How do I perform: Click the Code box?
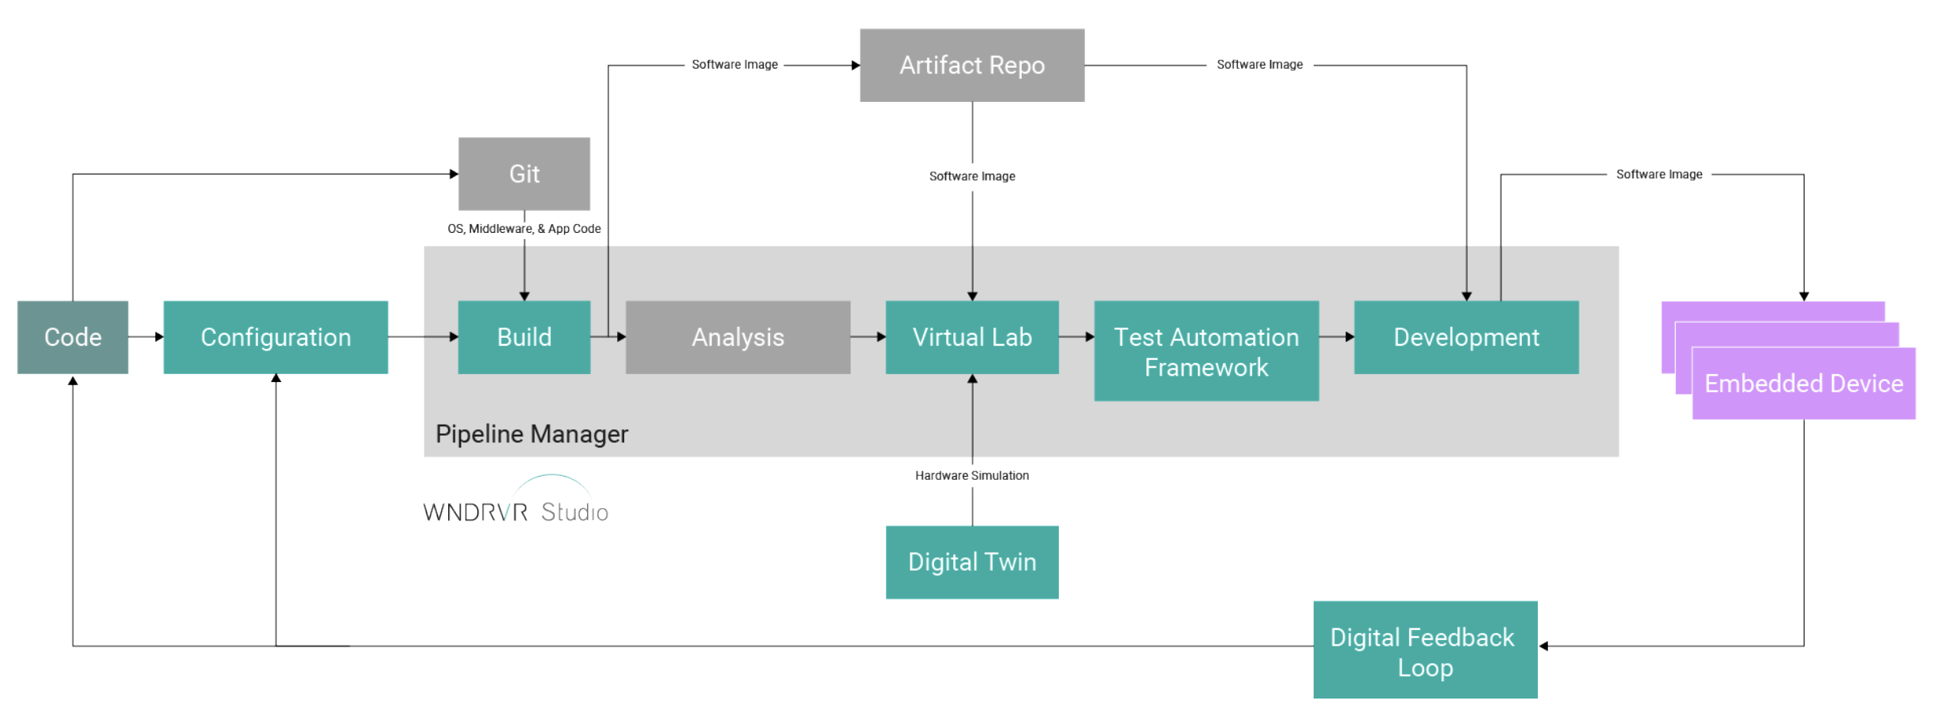coord(73,337)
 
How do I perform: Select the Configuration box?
coord(275,337)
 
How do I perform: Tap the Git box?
coord(524,174)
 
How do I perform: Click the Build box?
coord(524,337)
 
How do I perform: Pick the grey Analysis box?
coord(738,337)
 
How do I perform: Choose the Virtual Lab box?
coord(972,337)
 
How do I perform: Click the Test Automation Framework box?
coord(1206,351)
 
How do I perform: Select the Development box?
coord(1466,337)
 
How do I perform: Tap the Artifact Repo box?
coord(972,66)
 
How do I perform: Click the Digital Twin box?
coord(972,562)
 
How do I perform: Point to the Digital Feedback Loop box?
coord(1425,650)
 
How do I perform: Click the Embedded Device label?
coord(1804,384)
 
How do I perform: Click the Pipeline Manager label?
coord(532,434)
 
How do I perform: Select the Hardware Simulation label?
coord(972,475)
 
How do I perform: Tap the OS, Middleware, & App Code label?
coord(524,229)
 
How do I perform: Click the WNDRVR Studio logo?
coord(516,505)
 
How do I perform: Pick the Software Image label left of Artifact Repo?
coord(735,65)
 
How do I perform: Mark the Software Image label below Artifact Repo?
coord(972,176)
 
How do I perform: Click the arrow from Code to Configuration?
coord(146,337)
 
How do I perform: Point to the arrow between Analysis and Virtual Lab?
coord(868,337)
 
